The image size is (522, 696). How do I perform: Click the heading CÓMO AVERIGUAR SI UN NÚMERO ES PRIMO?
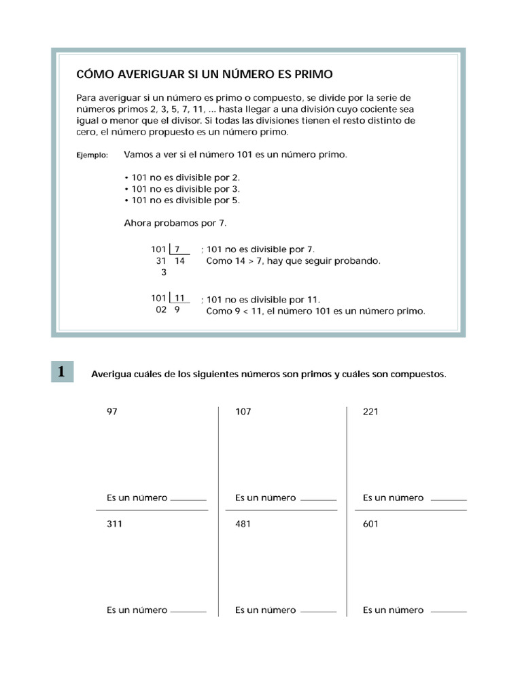tap(205, 73)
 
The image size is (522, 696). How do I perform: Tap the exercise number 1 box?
tap(62, 371)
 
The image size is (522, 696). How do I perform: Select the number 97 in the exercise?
tap(112, 412)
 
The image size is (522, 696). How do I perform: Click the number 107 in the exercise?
tap(243, 412)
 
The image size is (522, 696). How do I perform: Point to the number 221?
tap(371, 412)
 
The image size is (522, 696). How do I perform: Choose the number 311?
tap(114, 524)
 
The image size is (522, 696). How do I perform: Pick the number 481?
tap(243, 524)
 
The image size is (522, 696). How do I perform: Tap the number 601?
tap(371, 524)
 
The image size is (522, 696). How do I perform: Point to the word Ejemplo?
tap(92, 156)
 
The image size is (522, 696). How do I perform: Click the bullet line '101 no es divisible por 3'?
tap(182, 188)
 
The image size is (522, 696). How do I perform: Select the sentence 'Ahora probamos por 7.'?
tap(175, 222)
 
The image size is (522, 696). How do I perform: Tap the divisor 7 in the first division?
tap(177, 249)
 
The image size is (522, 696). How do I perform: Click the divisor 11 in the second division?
tap(179, 298)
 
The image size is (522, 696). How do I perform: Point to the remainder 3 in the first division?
tap(163, 273)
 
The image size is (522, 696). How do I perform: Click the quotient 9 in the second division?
tap(177, 311)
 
